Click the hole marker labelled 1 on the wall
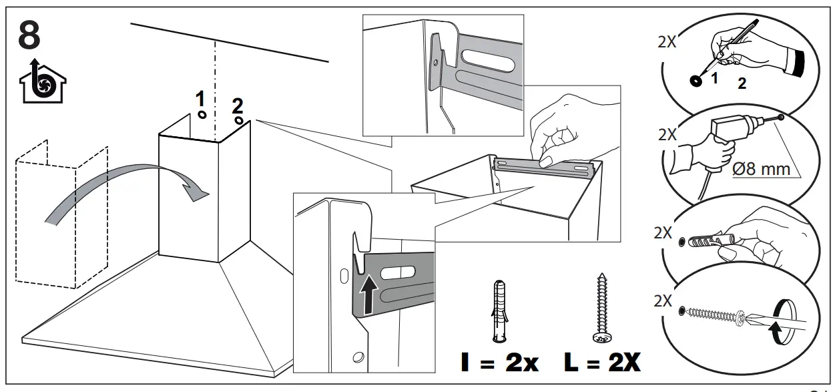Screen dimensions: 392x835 (202, 115)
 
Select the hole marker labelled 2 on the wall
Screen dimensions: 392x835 (239, 121)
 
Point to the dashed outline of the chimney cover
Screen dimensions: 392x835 (60, 214)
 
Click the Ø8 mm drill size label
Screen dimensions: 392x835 (761, 169)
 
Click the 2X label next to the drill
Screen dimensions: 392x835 (667, 134)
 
